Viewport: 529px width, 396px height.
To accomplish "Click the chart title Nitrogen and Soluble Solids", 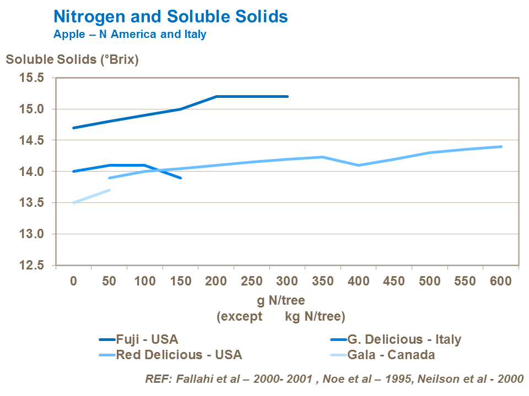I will pos(170,16).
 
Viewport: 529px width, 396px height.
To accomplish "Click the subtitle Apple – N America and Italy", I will pos(129,34).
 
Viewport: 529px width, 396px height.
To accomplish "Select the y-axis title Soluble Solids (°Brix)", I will pos(72,59).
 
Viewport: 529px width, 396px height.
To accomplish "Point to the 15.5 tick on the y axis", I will pos(32,78).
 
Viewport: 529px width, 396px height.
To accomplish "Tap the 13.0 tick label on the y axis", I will pos(32,234).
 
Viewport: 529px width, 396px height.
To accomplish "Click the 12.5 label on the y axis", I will pos(32,266).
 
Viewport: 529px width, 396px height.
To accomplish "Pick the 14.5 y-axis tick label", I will pos(32,141).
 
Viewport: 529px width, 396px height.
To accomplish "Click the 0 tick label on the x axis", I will pos(73,281).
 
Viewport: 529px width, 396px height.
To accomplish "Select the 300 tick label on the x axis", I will pos(287,281).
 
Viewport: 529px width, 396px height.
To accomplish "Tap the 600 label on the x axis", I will pos(501,281).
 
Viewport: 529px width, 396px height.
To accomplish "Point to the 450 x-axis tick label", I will pos(394,281).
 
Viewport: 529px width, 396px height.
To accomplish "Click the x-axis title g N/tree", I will pos(280,300).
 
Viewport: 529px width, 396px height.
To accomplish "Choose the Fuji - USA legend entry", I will pos(147,339).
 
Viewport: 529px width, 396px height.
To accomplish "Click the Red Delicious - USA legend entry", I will pos(179,354).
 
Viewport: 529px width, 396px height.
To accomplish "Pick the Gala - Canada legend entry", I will pos(391,354).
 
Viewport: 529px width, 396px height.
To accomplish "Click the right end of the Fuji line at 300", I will pos(287,96).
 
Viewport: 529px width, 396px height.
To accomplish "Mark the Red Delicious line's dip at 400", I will pos(358,165).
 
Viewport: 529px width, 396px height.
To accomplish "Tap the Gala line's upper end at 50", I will pos(109,190).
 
